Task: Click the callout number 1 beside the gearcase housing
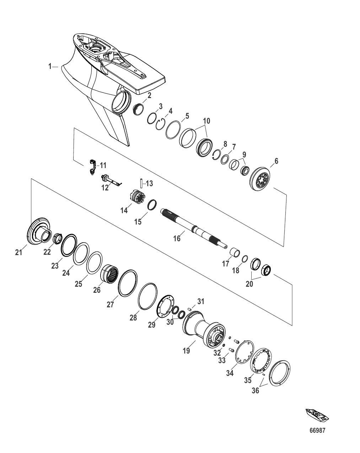[50, 66]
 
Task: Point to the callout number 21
[18, 252]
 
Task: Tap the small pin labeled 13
[141, 184]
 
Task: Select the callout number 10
[206, 121]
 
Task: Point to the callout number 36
[256, 391]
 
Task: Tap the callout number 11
[103, 165]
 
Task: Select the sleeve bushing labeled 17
[235, 253]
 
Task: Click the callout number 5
[187, 116]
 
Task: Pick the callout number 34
[230, 373]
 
